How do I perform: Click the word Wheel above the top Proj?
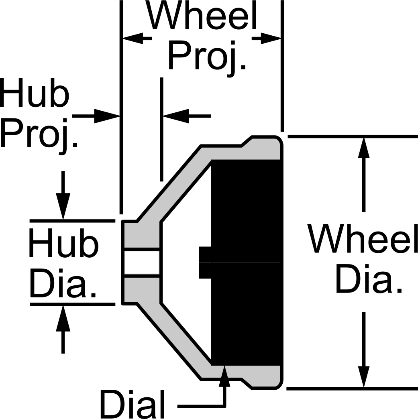201,15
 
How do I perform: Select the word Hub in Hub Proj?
35,93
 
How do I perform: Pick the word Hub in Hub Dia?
64,243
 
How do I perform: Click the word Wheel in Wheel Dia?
362,238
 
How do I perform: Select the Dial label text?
132,405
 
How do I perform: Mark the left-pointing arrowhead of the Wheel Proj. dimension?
133,39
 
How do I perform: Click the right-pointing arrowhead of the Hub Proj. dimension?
107,116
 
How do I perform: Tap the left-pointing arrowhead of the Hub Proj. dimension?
176,116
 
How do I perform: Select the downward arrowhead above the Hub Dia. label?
63,206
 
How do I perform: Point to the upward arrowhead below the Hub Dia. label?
63,319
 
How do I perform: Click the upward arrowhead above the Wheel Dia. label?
364,148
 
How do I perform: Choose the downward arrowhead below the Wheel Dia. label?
364,376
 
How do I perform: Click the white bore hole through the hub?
142,262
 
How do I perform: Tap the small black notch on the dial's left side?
205,262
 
